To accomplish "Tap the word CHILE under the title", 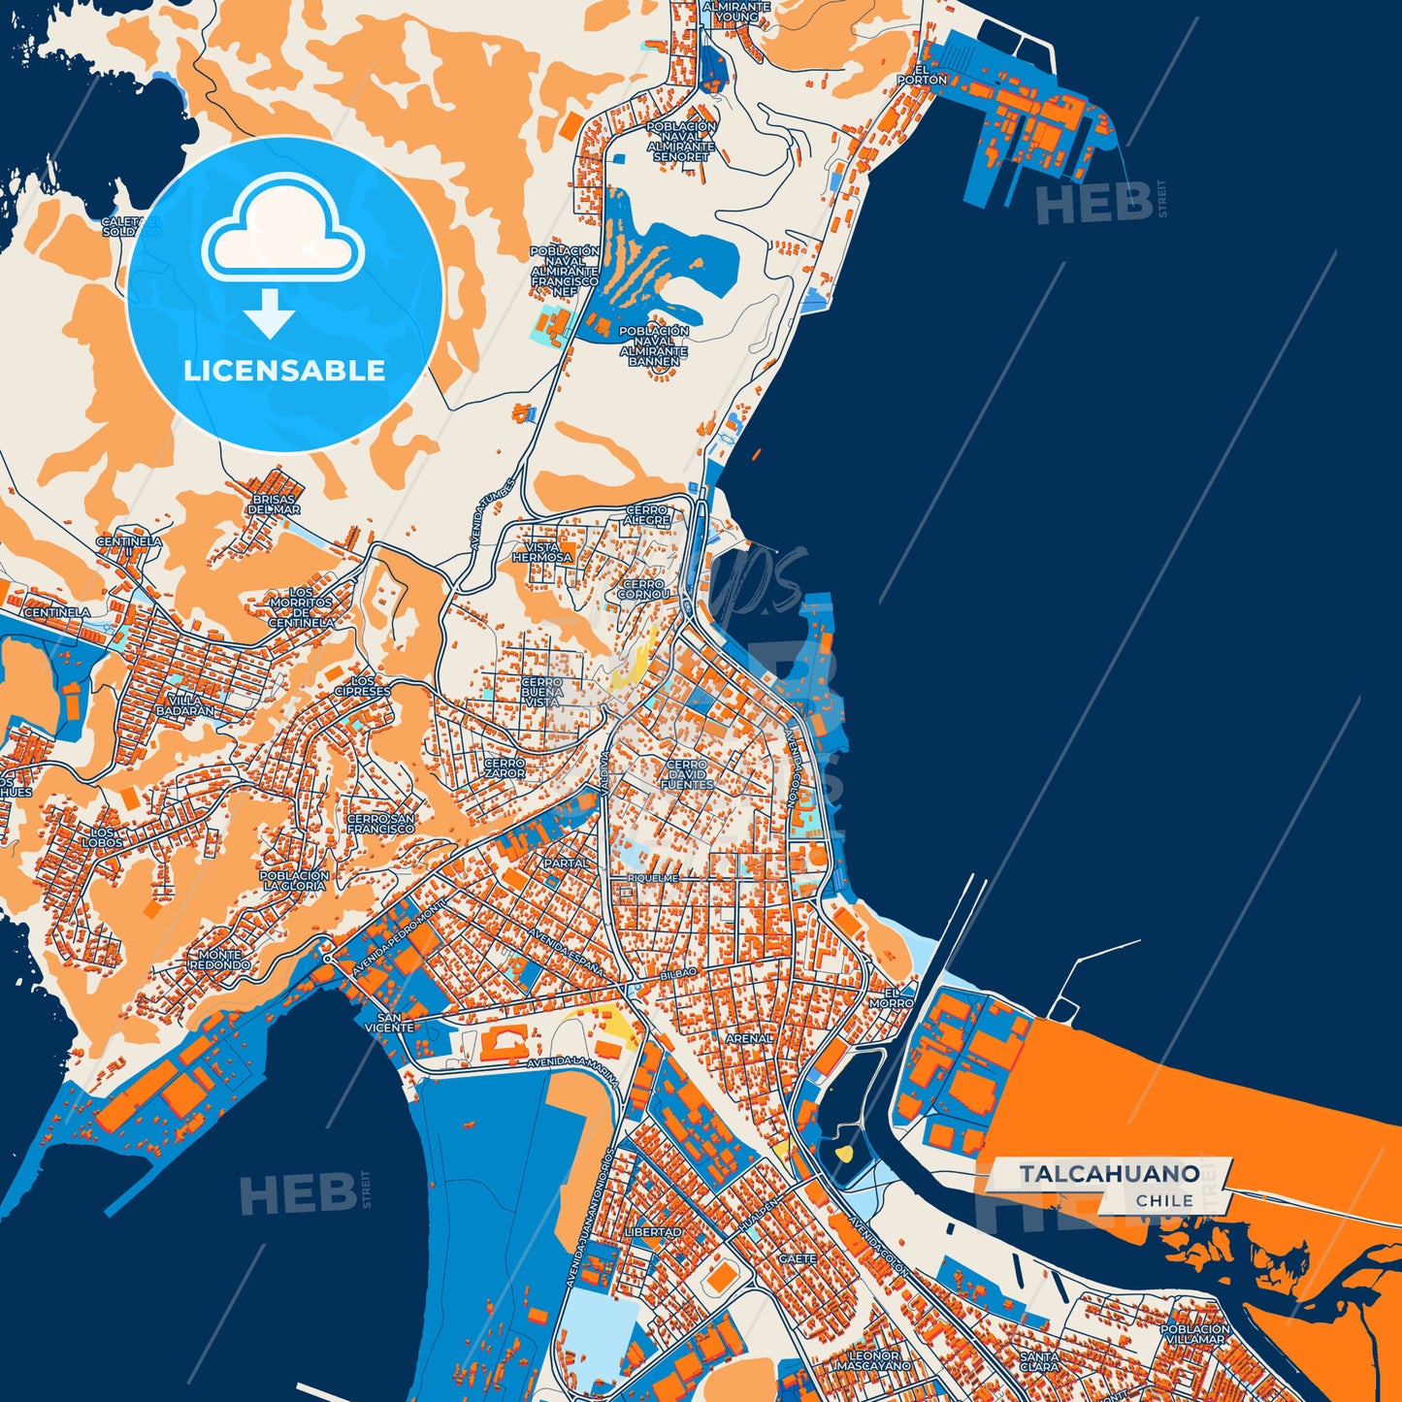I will pyautogui.click(x=1164, y=1200).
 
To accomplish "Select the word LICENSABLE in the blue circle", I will pyautogui.click(x=284, y=371).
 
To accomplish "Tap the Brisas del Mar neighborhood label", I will pyautogui.click(x=274, y=505).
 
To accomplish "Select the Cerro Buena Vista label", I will pyautogui.click(x=541, y=692).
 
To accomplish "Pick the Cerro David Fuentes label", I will pyautogui.click(x=687, y=773).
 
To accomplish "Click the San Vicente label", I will pyautogui.click(x=389, y=1022).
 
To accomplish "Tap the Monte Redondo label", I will pyautogui.click(x=219, y=960).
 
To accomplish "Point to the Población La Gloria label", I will pyautogui.click(x=294, y=880).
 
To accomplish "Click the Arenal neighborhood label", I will pyautogui.click(x=749, y=1038).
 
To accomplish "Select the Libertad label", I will pyautogui.click(x=653, y=1231).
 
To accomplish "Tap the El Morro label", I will pyautogui.click(x=897, y=998).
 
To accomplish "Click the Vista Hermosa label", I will pyautogui.click(x=542, y=552).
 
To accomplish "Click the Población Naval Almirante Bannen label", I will pyautogui.click(x=654, y=346).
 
